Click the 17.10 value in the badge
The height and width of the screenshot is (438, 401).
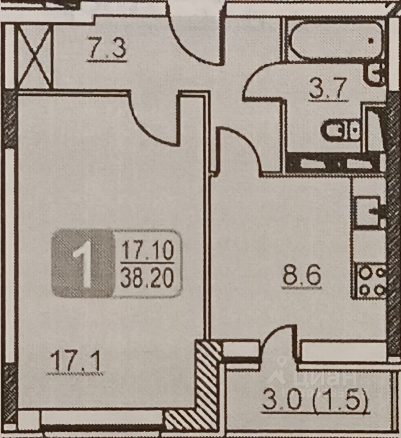147,250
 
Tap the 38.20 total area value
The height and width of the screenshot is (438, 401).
147,278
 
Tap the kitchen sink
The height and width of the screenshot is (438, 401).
368,211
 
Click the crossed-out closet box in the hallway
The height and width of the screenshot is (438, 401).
35,57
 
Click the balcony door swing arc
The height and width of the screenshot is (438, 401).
279,342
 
